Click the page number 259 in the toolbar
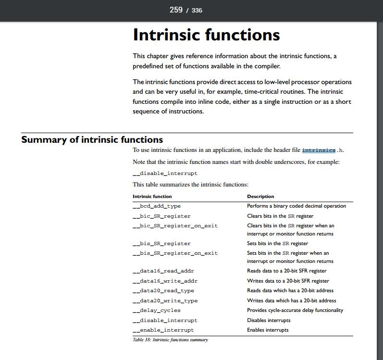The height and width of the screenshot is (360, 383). click(x=176, y=10)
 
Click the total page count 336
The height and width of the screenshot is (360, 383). click(x=197, y=10)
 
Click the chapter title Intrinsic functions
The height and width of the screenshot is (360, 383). click(x=206, y=35)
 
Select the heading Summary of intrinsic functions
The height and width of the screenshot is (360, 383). click(x=92, y=140)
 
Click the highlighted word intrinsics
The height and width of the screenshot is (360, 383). click(x=319, y=150)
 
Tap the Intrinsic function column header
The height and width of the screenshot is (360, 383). click(x=152, y=196)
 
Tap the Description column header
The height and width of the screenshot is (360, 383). click(x=260, y=196)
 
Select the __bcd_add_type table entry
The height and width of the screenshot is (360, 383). click(x=157, y=206)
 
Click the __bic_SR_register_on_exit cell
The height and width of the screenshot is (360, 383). click(x=175, y=225)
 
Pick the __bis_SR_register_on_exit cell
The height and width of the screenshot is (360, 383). click(x=175, y=253)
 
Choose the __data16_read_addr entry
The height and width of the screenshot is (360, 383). click(x=163, y=271)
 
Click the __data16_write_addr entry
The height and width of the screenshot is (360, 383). click(x=165, y=281)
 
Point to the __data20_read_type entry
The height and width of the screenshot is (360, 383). click(x=163, y=291)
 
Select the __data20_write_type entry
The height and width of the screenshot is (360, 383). click(x=165, y=301)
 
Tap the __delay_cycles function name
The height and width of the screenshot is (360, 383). click(x=157, y=310)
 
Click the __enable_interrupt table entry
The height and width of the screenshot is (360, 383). click(x=163, y=330)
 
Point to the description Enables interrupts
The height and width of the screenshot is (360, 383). click(x=268, y=330)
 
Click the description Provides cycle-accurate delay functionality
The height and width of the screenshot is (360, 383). click(x=295, y=310)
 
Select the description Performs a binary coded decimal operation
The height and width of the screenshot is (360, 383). click(x=297, y=206)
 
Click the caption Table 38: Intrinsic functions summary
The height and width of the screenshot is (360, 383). click(x=170, y=340)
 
